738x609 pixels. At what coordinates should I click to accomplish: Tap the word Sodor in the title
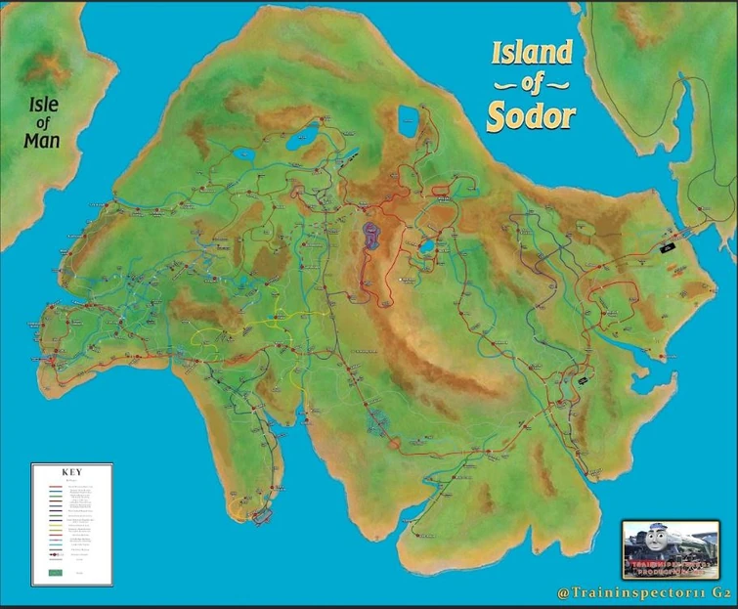point(532,114)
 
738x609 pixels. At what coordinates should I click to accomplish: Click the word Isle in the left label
point(43,103)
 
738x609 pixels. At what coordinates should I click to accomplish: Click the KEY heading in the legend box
point(70,472)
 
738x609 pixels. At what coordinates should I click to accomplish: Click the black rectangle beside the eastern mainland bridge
point(669,248)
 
